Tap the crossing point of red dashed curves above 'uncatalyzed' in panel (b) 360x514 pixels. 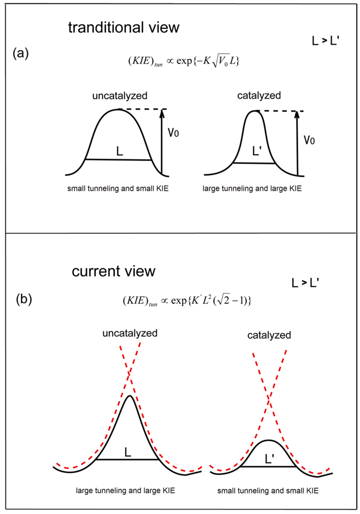[129, 374]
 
